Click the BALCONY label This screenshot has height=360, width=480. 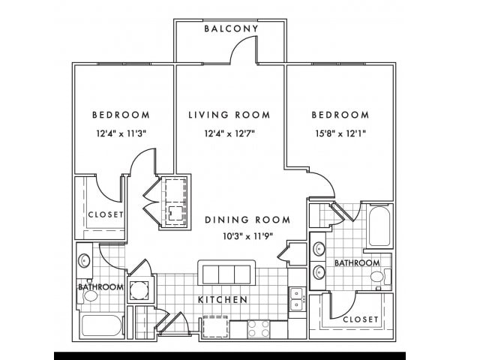click(x=232, y=28)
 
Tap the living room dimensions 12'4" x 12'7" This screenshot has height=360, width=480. click(x=230, y=133)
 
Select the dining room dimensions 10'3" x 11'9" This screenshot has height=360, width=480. click(x=248, y=236)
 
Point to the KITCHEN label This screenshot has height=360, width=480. click(x=223, y=299)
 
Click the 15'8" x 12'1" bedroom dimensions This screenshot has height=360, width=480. click(x=340, y=133)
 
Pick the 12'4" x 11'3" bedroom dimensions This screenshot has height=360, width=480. click(x=121, y=133)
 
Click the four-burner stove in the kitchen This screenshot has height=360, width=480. click(x=259, y=329)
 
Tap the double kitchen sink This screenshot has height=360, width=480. click(x=297, y=299)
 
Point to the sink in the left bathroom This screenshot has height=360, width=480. click(x=84, y=260)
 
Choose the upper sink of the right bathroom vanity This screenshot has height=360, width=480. click(x=319, y=249)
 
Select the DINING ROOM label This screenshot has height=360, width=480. click(x=247, y=220)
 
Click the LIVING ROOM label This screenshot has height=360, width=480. click(x=229, y=115)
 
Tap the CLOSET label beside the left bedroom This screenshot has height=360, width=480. click(x=106, y=214)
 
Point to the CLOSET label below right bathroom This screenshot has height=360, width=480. click(x=361, y=319)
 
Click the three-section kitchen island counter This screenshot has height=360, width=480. click(x=226, y=274)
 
